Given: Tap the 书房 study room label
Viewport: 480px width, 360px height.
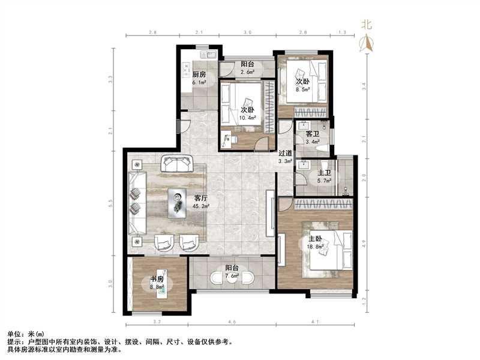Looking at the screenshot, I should pyautogui.click(x=157, y=280).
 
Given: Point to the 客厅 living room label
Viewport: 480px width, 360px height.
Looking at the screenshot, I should pyautogui.click(x=201, y=198).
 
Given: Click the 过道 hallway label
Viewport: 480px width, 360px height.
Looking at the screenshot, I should pyautogui.click(x=286, y=153).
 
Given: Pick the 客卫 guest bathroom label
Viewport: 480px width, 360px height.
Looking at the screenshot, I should pyautogui.click(x=312, y=133).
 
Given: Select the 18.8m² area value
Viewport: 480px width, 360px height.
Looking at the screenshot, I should pyautogui.click(x=316, y=246).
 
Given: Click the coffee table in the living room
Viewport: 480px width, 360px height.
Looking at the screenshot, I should pyautogui.click(x=178, y=200).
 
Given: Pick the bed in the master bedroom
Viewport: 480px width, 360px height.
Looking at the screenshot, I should pyautogui.click(x=329, y=249).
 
